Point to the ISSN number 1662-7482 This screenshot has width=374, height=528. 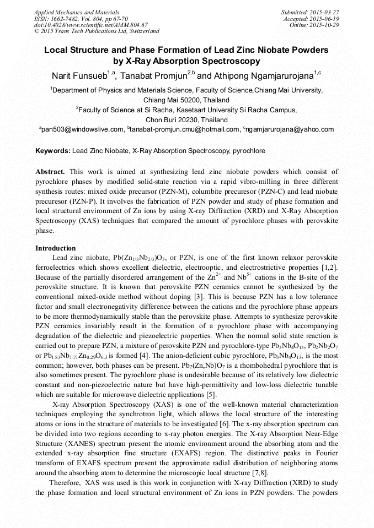click(x=63, y=18)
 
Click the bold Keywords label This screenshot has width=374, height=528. click(x=52, y=150)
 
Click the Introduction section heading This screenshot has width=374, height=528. click(x=56, y=248)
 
